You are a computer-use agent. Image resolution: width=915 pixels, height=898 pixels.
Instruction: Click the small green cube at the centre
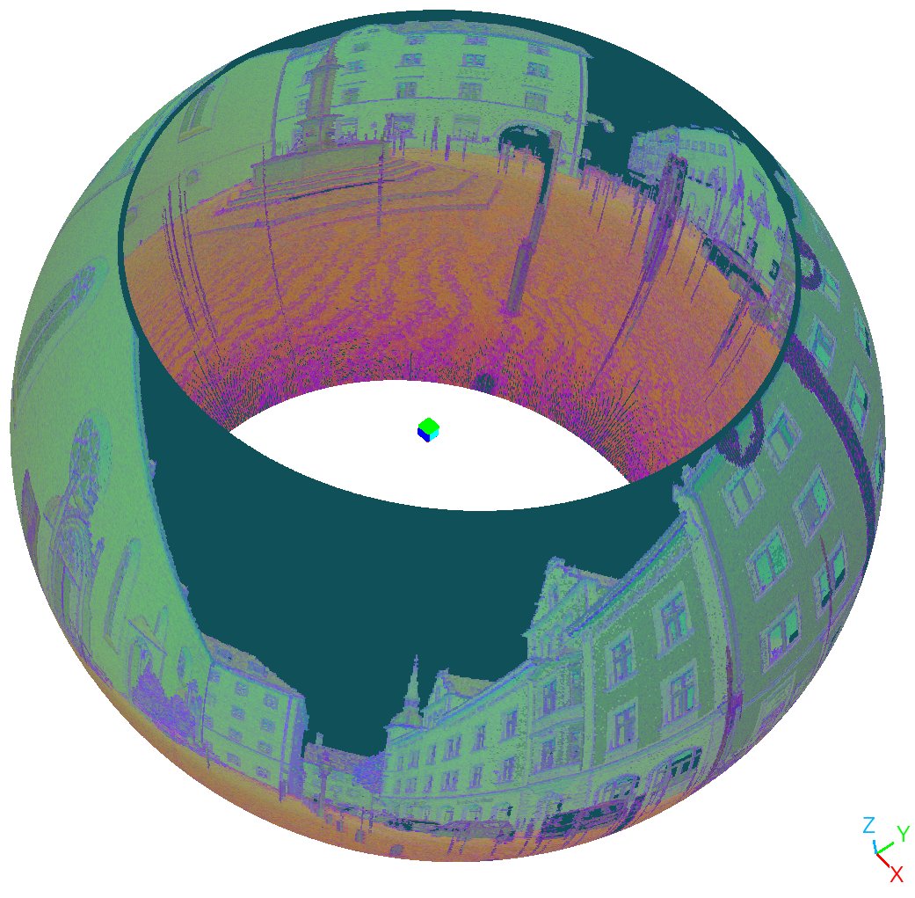[x=428, y=430]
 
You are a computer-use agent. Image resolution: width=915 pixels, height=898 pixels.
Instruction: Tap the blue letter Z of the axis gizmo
[x=869, y=825]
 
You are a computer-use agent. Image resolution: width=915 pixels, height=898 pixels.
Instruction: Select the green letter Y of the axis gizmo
[x=903, y=833]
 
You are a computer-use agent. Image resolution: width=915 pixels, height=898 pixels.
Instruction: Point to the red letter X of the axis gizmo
[x=897, y=874]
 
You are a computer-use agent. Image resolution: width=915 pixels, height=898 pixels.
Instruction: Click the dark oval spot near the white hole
[x=484, y=383]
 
